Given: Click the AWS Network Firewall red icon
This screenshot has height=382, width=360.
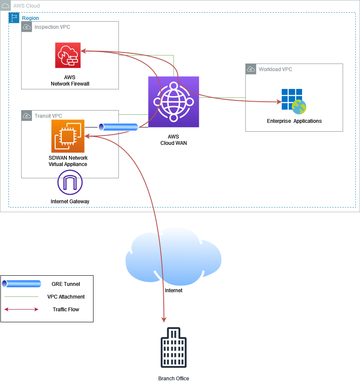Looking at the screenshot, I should point(68,55).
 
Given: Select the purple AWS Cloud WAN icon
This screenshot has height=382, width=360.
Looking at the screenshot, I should point(173,102).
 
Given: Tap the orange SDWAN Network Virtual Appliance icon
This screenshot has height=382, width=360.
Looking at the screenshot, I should point(68,136).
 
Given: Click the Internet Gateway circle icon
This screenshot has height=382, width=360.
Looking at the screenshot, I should point(70,183).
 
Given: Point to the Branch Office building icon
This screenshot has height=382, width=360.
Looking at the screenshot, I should point(173,347).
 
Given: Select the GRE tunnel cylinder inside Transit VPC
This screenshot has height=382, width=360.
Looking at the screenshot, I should point(118,127).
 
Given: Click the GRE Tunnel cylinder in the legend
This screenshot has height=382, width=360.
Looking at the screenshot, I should point(21,284).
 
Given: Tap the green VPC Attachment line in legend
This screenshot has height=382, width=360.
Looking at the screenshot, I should point(21,297).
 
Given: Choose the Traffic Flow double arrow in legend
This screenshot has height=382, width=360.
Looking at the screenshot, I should point(21,310).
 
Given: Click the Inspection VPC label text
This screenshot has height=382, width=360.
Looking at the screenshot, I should point(52,27).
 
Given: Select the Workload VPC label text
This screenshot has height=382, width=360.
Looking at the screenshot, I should point(275,69).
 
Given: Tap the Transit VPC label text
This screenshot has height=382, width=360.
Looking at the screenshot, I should point(48,116).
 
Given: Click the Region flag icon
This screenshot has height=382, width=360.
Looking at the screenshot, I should point(14,17).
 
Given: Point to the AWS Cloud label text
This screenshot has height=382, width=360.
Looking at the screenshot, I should point(27,6).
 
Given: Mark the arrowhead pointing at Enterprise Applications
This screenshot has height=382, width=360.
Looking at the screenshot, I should point(278,102).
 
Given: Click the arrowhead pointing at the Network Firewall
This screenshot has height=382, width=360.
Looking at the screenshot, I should point(83,51).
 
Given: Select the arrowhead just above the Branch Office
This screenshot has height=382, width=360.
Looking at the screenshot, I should point(164,319).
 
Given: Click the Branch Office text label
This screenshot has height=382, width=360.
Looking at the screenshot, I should point(173,378).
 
